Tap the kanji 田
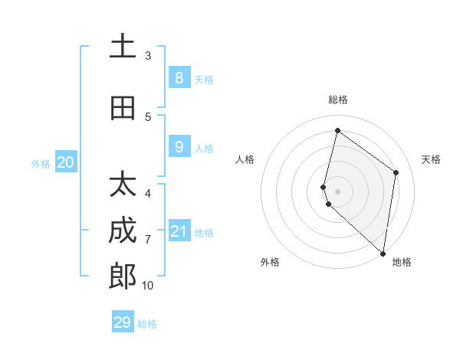click(x=123, y=108)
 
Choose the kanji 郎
click(x=123, y=276)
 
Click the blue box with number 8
click(x=179, y=77)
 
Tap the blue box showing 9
click(x=179, y=146)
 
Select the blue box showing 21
click(x=179, y=231)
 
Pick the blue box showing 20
click(x=66, y=162)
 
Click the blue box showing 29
click(x=123, y=322)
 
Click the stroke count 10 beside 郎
click(x=147, y=286)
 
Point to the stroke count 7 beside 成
click(x=147, y=240)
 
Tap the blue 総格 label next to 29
click(x=147, y=324)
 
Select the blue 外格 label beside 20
click(x=40, y=163)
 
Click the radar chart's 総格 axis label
click(x=337, y=100)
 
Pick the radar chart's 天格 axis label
click(x=431, y=159)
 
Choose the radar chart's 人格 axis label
click(x=245, y=159)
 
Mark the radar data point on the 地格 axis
click(x=383, y=253)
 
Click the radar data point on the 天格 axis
click(x=396, y=172)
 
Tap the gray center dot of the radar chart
click(x=337, y=191)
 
